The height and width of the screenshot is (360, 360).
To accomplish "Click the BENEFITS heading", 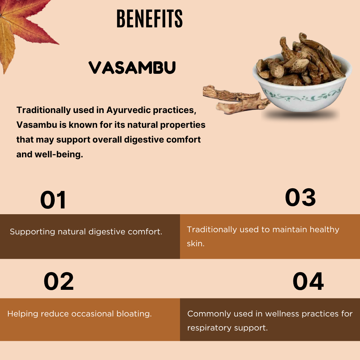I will pyautogui.click(x=149, y=19).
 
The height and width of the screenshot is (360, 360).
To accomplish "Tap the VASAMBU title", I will pyautogui.click(x=132, y=67).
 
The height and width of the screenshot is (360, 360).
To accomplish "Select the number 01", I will pyautogui.click(x=53, y=200).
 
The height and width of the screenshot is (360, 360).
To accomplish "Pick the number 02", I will pyautogui.click(x=59, y=282).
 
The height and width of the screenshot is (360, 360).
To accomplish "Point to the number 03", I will pyautogui.click(x=300, y=197).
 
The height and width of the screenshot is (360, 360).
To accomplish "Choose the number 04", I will pyautogui.click(x=308, y=282).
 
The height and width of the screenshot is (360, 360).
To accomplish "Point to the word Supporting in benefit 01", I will pyautogui.click(x=32, y=232).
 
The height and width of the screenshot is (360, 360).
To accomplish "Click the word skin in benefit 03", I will pyautogui.click(x=195, y=244).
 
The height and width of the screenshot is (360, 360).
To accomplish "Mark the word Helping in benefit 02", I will pyautogui.click(x=22, y=314).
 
